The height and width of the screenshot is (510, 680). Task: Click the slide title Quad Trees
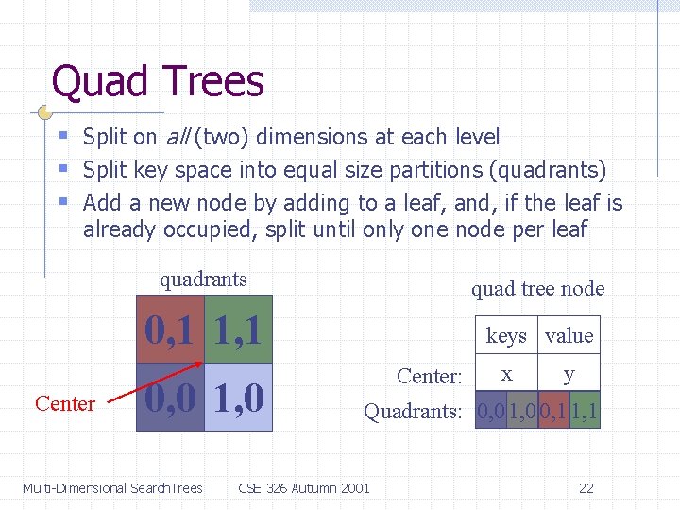pos(158,81)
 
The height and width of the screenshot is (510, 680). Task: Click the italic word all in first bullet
pos(177,137)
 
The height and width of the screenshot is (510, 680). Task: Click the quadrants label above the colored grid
pos(203,280)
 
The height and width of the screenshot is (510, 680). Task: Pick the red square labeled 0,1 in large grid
pos(170,330)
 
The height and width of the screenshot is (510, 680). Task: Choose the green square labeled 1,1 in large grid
pos(238,330)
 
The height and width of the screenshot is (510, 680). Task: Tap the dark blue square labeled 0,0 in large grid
pos(170,398)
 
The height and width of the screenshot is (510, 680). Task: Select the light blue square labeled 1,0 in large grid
pos(238,398)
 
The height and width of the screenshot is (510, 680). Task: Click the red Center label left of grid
pos(65,404)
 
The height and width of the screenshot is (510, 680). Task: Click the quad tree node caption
pos(537,289)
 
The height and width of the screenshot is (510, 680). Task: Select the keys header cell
pos(506,336)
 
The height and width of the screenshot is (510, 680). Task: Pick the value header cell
pos(569,336)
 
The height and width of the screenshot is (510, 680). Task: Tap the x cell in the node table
pos(506,374)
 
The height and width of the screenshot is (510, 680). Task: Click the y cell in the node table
pos(569,374)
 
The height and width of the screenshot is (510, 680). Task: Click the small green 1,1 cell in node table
pos(586,412)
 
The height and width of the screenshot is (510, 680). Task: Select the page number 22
pos(586,488)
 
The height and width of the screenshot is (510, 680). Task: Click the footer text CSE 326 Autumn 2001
pos(304,488)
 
